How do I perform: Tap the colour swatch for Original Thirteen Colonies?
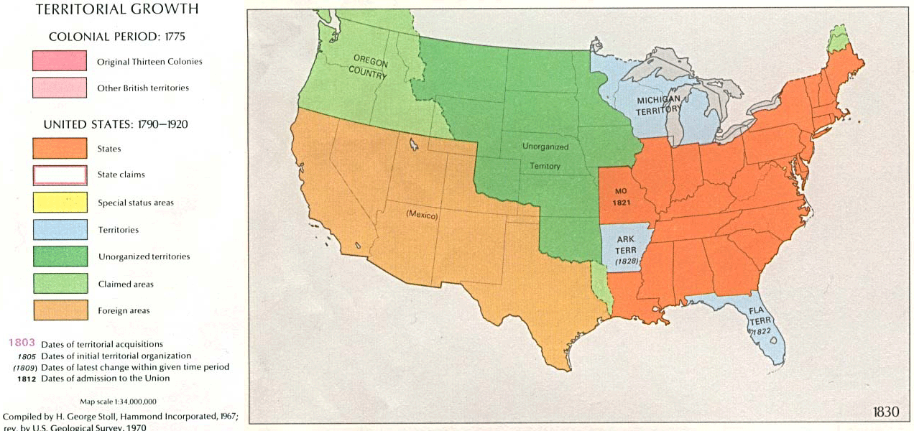(60, 61)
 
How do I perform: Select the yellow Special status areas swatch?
(60, 202)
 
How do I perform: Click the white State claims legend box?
(60, 175)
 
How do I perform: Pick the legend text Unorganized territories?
(144, 256)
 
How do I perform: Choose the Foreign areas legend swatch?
(60, 310)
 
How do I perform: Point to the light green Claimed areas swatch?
(60, 284)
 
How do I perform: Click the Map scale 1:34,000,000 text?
(118, 402)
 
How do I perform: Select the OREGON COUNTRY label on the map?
(369, 65)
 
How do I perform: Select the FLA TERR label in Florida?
(759, 321)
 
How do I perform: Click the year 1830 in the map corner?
(885, 412)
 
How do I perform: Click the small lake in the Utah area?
(415, 144)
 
